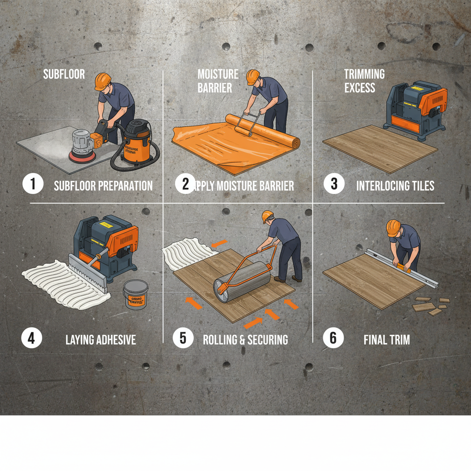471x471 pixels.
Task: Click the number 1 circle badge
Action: tap(33, 184)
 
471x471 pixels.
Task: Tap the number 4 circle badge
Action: tap(31, 339)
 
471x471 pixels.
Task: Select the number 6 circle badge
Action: tap(333, 339)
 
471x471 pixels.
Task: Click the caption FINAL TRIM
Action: tap(386, 340)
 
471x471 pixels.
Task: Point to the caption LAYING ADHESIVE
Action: tap(101, 340)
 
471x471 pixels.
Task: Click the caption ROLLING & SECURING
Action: tap(246, 340)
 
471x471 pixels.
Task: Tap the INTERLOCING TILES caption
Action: tap(395, 186)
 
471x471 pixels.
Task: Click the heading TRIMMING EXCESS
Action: tap(364, 81)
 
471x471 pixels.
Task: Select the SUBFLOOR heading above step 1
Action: tap(64, 74)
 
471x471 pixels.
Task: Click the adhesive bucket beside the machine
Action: tap(136, 295)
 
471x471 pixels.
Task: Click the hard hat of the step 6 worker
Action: tap(393, 228)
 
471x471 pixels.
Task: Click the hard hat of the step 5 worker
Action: tap(268, 216)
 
